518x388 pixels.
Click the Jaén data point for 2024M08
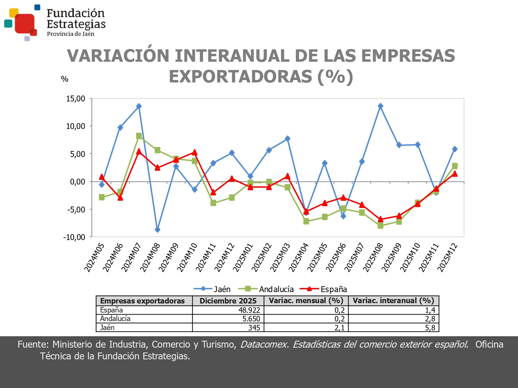(x=157, y=230)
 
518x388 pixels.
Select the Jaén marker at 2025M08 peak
(x=380, y=106)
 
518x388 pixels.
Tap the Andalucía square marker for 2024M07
(x=139, y=136)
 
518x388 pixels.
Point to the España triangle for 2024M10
(x=194, y=152)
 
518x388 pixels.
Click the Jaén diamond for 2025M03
(x=287, y=139)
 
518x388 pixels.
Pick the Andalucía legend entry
(x=271, y=289)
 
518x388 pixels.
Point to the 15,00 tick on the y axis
(x=76, y=99)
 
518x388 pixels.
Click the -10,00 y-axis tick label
(x=74, y=237)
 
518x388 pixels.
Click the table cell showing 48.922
(x=249, y=310)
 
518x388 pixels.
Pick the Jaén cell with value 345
(x=254, y=328)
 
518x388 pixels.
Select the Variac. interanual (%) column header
(x=393, y=300)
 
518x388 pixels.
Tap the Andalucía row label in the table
(x=115, y=319)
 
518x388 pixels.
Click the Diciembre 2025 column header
(x=228, y=301)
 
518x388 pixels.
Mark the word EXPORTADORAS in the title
(x=241, y=77)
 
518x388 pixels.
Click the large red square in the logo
(x=25, y=23)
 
